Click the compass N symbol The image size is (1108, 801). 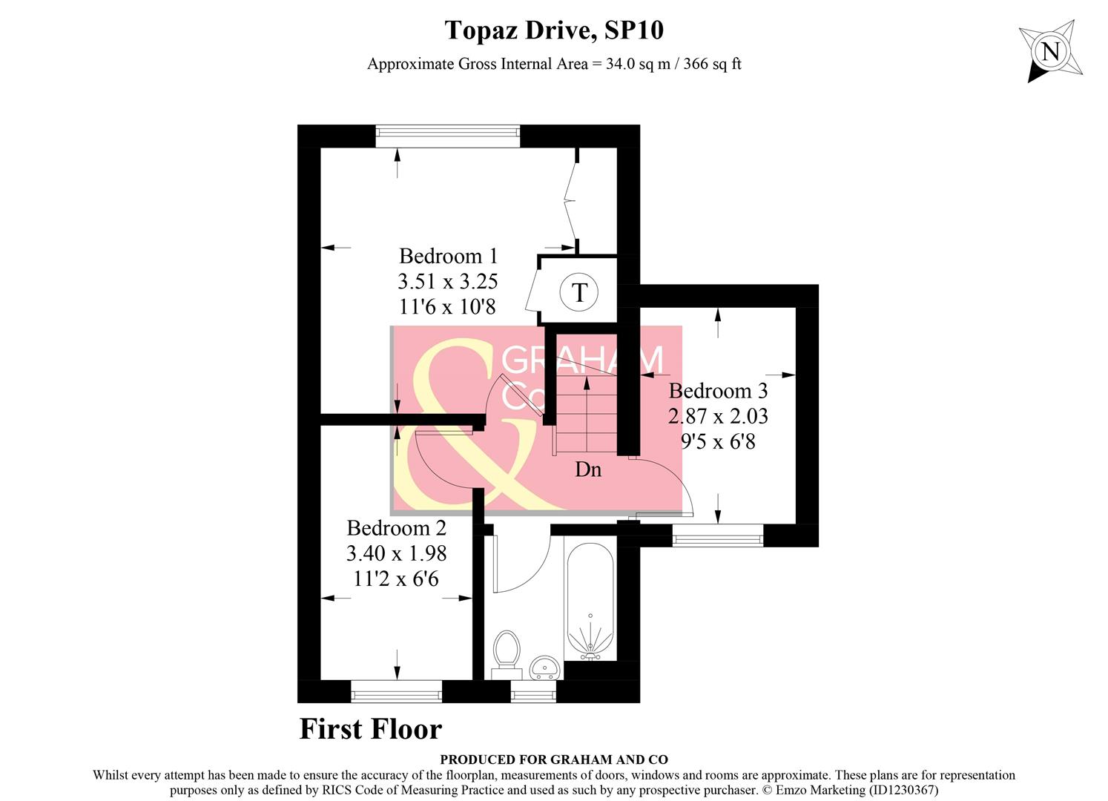(1050, 52)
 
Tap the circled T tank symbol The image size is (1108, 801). (579, 292)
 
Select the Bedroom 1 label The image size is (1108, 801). (448, 256)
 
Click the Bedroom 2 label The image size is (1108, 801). (397, 528)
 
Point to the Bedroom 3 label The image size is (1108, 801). (718, 391)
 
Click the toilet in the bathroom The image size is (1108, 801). (507, 650)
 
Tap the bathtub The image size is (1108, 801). (590, 601)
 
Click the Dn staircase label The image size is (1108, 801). (588, 469)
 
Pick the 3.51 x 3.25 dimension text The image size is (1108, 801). (448, 282)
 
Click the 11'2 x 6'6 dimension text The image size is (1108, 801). (397, 578)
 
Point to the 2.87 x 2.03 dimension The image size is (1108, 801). (718, 416)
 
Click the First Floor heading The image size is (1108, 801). (370, 729)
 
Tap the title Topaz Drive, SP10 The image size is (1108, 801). (553, 30)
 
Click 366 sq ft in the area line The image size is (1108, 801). (712, 64)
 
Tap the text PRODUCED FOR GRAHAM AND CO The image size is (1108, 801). (553, 759)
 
